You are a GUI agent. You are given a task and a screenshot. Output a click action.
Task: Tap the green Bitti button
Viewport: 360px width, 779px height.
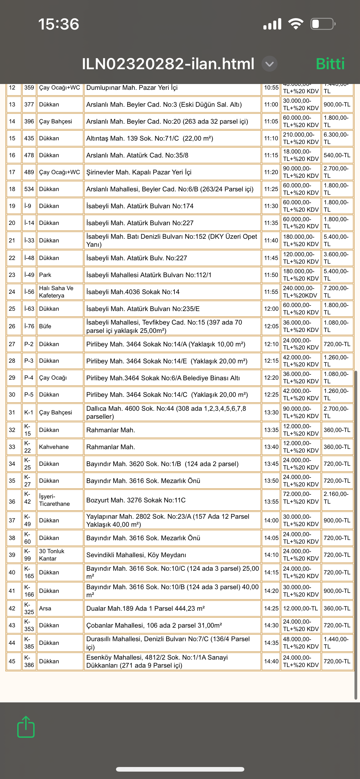330,64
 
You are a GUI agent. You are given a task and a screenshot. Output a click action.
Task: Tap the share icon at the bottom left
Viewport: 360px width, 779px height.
26,727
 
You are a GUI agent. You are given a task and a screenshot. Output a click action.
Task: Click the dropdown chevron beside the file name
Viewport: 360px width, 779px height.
269,64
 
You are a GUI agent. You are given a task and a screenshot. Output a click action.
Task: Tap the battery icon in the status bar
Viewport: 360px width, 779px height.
323,24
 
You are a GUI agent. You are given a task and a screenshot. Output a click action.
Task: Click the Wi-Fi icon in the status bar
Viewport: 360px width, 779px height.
295,24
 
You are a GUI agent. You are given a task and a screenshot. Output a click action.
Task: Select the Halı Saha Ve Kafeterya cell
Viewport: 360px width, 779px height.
56,292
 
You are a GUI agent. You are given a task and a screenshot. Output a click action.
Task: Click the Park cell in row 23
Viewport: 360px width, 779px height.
45,275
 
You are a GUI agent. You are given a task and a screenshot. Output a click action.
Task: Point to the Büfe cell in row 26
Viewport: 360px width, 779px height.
45,326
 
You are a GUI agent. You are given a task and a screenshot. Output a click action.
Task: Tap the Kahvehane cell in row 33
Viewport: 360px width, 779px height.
54,447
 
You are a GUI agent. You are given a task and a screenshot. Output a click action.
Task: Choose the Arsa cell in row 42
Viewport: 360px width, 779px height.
45,608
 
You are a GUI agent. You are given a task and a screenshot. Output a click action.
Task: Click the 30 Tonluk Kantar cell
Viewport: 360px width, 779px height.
52,555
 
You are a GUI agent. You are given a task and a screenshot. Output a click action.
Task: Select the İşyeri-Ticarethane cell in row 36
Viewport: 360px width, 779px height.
54,500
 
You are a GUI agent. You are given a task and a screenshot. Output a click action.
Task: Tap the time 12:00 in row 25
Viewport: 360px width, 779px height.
271,309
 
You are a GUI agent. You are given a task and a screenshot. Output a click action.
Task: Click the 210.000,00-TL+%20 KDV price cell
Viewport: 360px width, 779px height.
301,138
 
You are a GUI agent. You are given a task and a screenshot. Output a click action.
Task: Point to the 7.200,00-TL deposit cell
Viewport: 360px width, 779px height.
336,292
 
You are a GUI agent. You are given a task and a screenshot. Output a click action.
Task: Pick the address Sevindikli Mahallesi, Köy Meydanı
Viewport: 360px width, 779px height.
136,555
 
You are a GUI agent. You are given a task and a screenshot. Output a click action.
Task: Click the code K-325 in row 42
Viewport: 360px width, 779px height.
29,608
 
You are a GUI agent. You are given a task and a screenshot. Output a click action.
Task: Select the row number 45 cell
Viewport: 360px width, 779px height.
12,661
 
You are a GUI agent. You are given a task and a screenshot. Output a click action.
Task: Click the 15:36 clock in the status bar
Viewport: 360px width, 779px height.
58,24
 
